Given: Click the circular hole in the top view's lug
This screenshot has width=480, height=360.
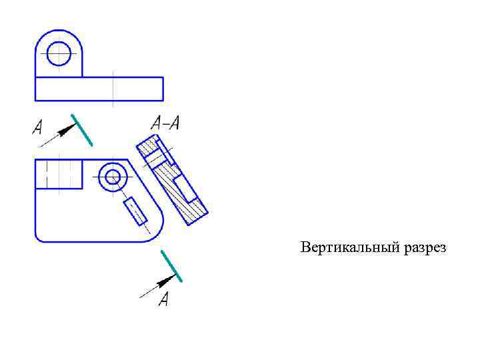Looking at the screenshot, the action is point(59,53).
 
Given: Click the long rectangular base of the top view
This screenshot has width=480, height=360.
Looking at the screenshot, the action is point(99,89).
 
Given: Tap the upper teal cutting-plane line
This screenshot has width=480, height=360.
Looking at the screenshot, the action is point(82,130).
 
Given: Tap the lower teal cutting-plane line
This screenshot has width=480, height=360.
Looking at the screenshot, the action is point(171,266).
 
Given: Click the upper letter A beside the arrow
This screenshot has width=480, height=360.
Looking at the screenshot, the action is point(38,127).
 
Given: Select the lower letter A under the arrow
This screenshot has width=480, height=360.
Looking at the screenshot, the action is point(164,299).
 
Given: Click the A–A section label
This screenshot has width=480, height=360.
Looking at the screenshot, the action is point(166,123).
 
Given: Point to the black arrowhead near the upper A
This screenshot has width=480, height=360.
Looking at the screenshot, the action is point(66,130).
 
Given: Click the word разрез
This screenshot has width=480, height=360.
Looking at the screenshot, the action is point(424,249).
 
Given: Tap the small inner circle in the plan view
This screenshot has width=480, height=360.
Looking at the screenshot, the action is point(113,177).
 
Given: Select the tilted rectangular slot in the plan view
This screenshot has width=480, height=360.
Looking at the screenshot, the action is point(135,211).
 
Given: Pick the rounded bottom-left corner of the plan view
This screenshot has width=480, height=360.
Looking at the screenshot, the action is point(41,235).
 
